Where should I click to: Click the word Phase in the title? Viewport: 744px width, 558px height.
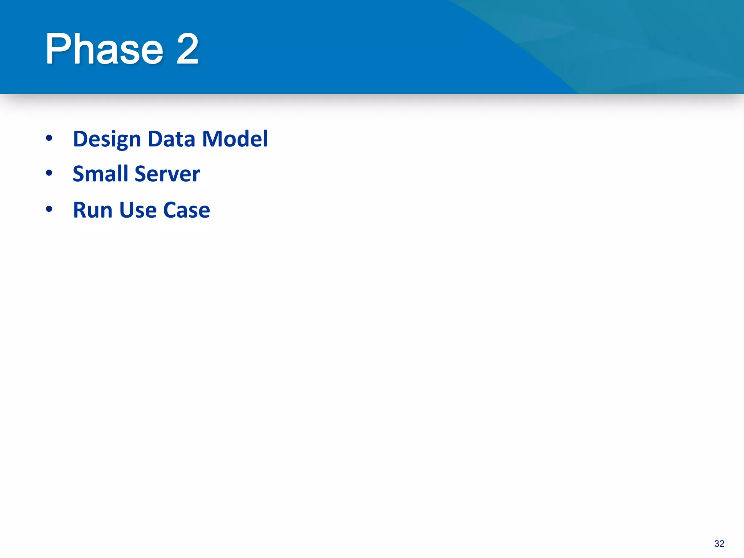[x=104, y=49]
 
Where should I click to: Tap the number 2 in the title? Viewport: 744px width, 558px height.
[x=187, y=49]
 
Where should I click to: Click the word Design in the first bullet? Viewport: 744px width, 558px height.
[x=107, y=139]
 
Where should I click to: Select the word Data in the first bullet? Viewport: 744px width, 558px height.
[x=171, y=139]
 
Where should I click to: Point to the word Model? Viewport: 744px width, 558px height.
[x=235, y=139]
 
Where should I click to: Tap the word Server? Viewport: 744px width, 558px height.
[x=167, y=174]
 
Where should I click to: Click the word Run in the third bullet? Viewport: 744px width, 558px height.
[x=93, y=210]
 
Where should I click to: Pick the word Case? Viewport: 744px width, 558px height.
[x=187, y=210]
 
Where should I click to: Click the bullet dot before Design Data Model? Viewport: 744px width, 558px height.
[x=49, y=138]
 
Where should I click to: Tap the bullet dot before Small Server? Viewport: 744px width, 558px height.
[x=49, y=173]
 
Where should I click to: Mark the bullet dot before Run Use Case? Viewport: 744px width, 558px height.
[x=49, y=209]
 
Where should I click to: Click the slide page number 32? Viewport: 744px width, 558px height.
[x=719, y=544]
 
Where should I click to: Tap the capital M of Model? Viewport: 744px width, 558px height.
[x=213, y=139]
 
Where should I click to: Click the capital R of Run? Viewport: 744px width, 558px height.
[x=81, y=210]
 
